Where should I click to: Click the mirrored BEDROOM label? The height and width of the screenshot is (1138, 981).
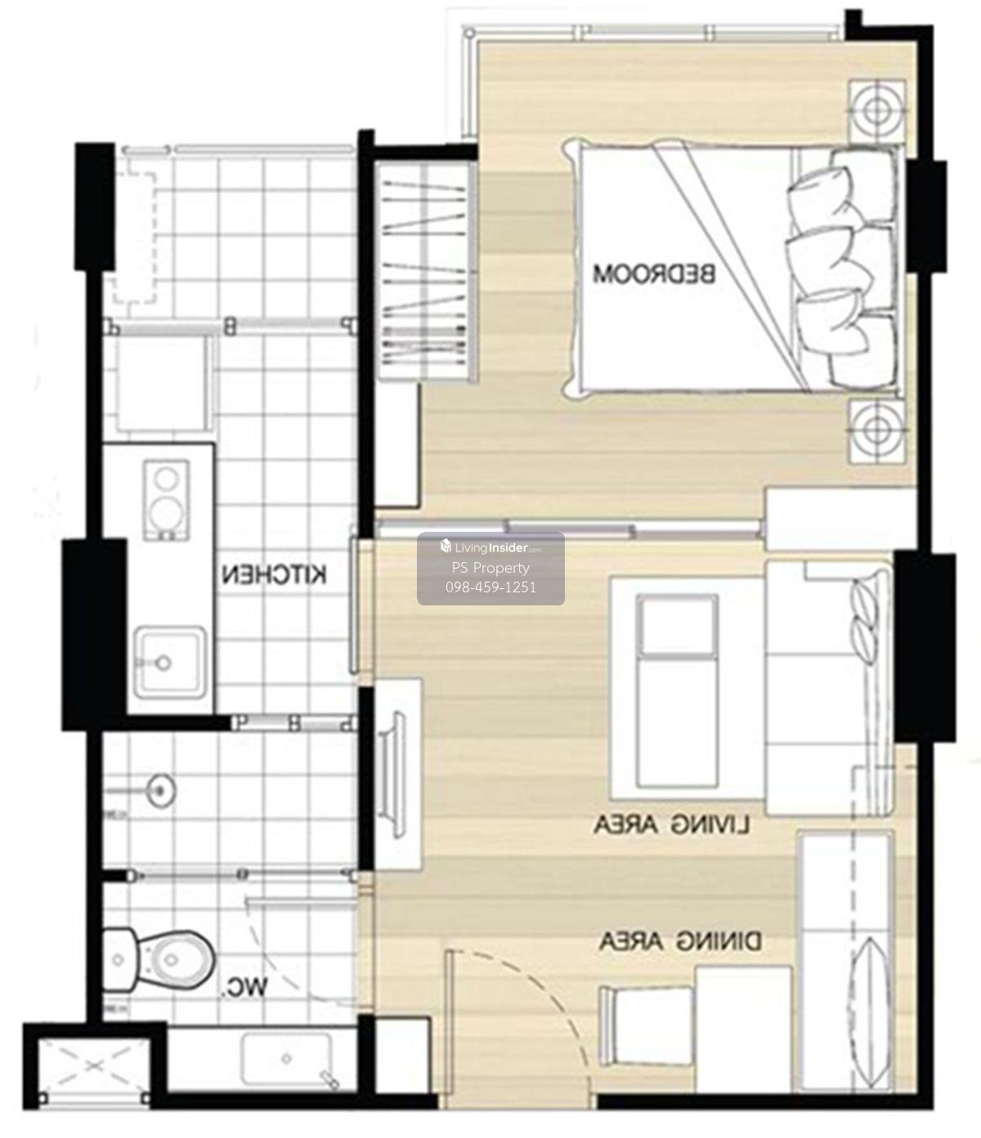coord(654,274)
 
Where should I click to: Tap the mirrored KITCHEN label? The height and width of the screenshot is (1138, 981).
coord(275,575)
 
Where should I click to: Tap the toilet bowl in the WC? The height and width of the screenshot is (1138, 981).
coord(159,960)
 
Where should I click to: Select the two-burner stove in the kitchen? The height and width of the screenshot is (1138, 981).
coord(166,500)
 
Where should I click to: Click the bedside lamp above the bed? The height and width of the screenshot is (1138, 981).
coord(876,112)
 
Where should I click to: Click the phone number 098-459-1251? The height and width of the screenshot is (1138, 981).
coord(490,587)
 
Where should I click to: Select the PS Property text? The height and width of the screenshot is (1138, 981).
coord(490,568)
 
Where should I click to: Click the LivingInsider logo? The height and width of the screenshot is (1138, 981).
coord(490,547)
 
